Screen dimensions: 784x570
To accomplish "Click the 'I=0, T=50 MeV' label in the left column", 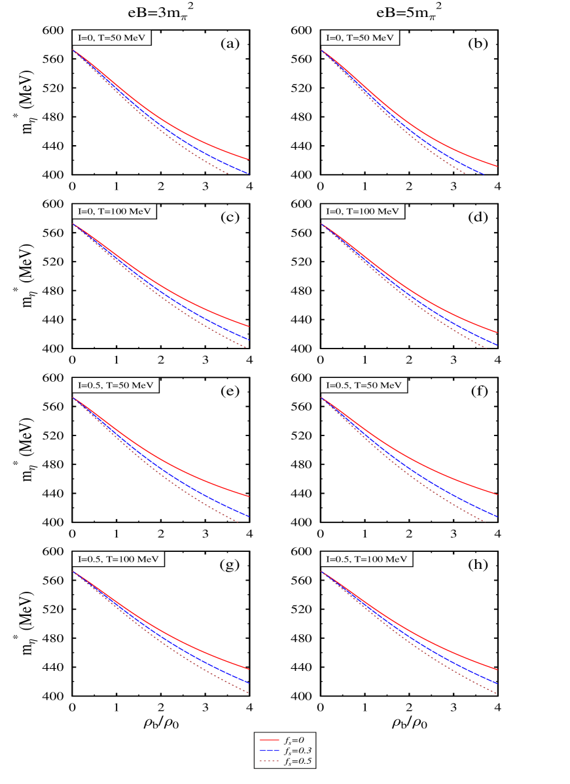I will (112, 38).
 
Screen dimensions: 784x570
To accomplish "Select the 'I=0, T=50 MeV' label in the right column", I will (360, 38).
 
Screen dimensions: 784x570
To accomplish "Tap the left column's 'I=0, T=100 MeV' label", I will (114, 212).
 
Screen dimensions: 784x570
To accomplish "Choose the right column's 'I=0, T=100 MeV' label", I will (363, 212).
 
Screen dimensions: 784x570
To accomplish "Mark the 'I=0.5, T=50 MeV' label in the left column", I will (115, 386).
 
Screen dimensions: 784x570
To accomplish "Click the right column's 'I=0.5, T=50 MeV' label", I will (364, 386).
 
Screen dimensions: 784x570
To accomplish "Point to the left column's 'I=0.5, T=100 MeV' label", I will (118, 560).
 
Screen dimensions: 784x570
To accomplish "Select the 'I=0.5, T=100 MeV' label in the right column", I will (366, 560).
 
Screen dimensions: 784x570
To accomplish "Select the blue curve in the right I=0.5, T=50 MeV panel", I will (445, 491).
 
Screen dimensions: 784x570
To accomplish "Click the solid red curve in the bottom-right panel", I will (445, 649).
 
